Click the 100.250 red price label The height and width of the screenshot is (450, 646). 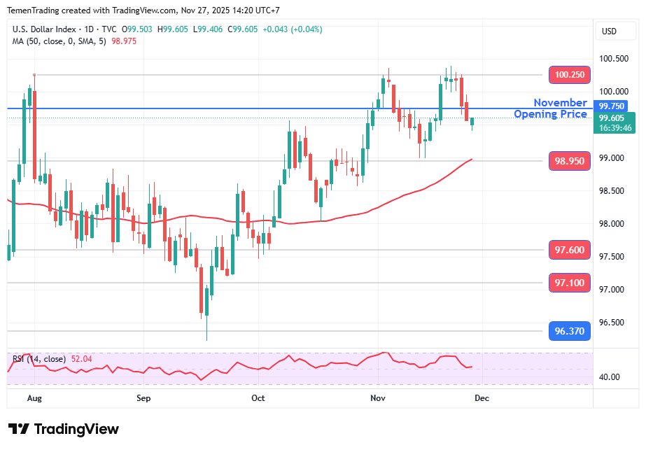570,75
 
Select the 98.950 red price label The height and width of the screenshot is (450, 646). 570,161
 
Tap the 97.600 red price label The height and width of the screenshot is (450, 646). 570,250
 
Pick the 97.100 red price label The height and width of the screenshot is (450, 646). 570,283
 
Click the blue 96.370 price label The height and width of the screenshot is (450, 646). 570,331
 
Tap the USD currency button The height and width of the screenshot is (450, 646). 609,31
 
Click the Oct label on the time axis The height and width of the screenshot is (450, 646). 258,398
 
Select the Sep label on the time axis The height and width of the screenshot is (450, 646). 143,398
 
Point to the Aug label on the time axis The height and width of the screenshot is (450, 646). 34,398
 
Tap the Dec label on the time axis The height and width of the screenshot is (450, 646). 482,398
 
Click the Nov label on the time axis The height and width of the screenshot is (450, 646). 378,398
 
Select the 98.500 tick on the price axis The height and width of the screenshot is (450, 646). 613,191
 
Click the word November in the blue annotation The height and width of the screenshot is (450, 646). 560,103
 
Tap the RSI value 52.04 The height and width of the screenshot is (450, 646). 80,359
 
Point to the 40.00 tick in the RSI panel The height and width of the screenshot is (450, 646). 609,377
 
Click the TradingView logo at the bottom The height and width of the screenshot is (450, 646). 64,429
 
